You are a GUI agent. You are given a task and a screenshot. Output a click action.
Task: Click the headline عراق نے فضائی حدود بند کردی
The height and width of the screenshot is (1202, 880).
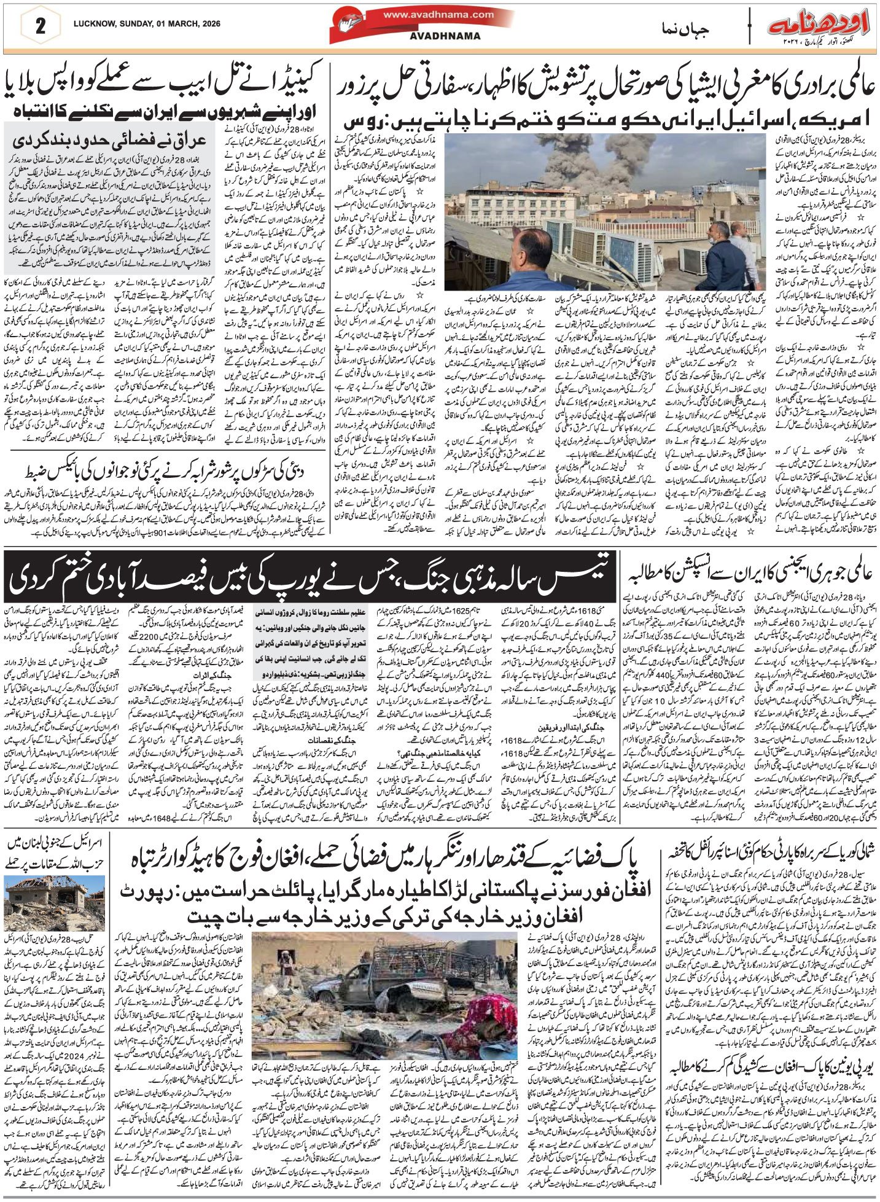[109, 139]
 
